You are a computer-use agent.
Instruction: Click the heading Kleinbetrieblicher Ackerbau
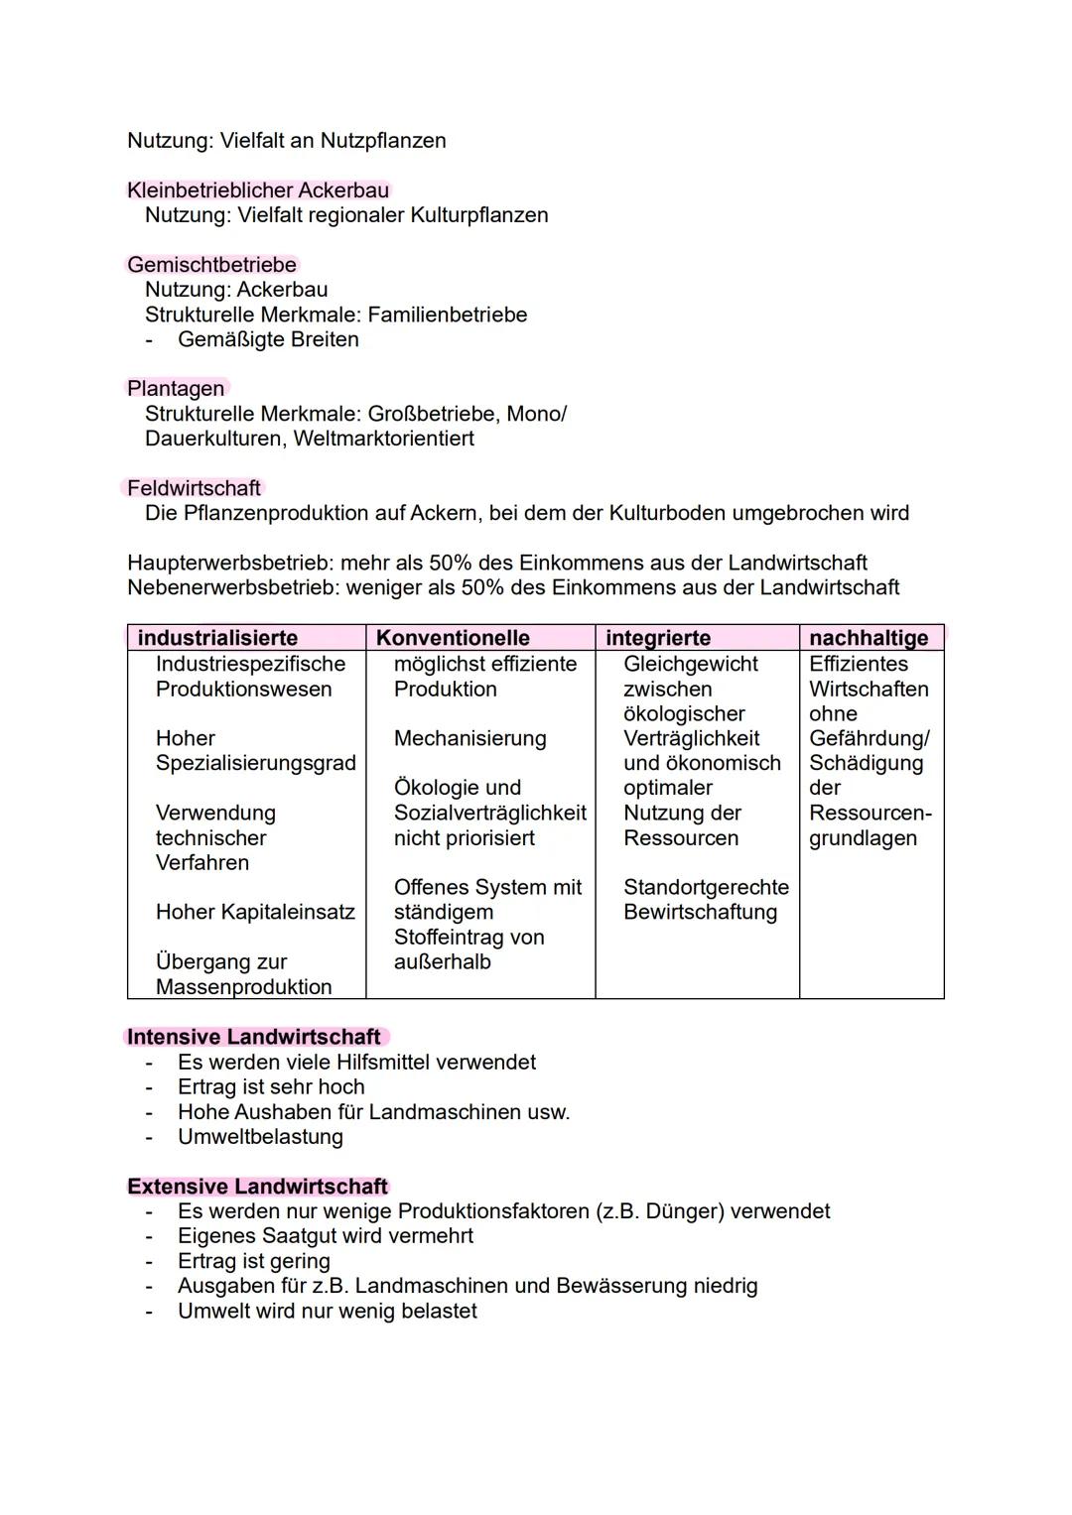click(258, 190)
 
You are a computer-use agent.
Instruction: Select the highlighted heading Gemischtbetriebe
click(211, 265)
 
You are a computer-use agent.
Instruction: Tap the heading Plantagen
click(176, 389)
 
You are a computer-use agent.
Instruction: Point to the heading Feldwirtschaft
click(194, 488)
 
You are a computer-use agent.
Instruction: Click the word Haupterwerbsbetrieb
click(229, 564)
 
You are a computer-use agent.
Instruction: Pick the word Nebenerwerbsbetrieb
click(232, 588)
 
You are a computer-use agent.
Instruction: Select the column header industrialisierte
click(217, 638)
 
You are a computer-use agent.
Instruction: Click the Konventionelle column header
click(453, 638)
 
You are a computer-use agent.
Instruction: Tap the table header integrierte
click(658, 638)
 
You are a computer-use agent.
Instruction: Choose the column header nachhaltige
click(869, 638)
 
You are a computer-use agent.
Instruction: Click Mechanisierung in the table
click(469, 738)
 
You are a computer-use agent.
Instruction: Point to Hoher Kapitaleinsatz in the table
click(255, 912)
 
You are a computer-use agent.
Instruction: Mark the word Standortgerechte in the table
click(706, 887)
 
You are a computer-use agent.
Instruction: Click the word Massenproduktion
click(243, 987)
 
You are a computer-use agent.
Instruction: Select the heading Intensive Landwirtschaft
click(254, 1037)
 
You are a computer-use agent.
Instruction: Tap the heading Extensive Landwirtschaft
click(257, 1187)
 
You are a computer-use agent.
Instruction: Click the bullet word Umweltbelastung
click(260, 1137)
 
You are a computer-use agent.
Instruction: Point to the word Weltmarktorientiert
click(384, 439)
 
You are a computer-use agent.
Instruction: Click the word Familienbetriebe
click(448, 315)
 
